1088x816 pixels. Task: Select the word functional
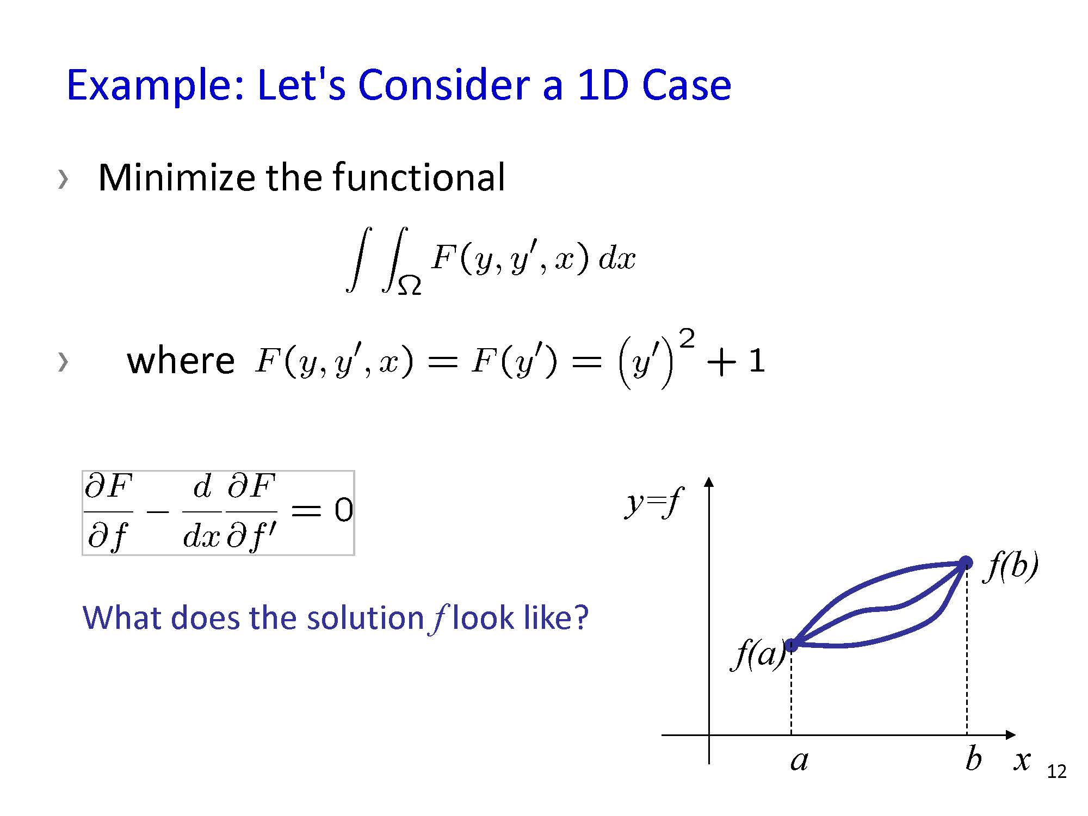[419, 177]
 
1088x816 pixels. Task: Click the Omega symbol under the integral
[409, 285]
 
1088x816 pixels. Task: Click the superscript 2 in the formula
[687, 339]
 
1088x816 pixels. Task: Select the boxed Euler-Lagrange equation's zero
[343, 510]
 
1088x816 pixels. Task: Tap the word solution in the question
[365, 618]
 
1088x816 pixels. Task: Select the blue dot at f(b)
[966, 562]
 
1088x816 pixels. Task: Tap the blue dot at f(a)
[792, 645]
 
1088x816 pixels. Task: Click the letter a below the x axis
[799, 761]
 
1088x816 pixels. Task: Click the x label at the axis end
[1022, 761]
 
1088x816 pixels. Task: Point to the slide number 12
[1057, 771]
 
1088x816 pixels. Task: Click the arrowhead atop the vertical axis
[708, 481]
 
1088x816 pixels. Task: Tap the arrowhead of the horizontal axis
[1011, 735]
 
